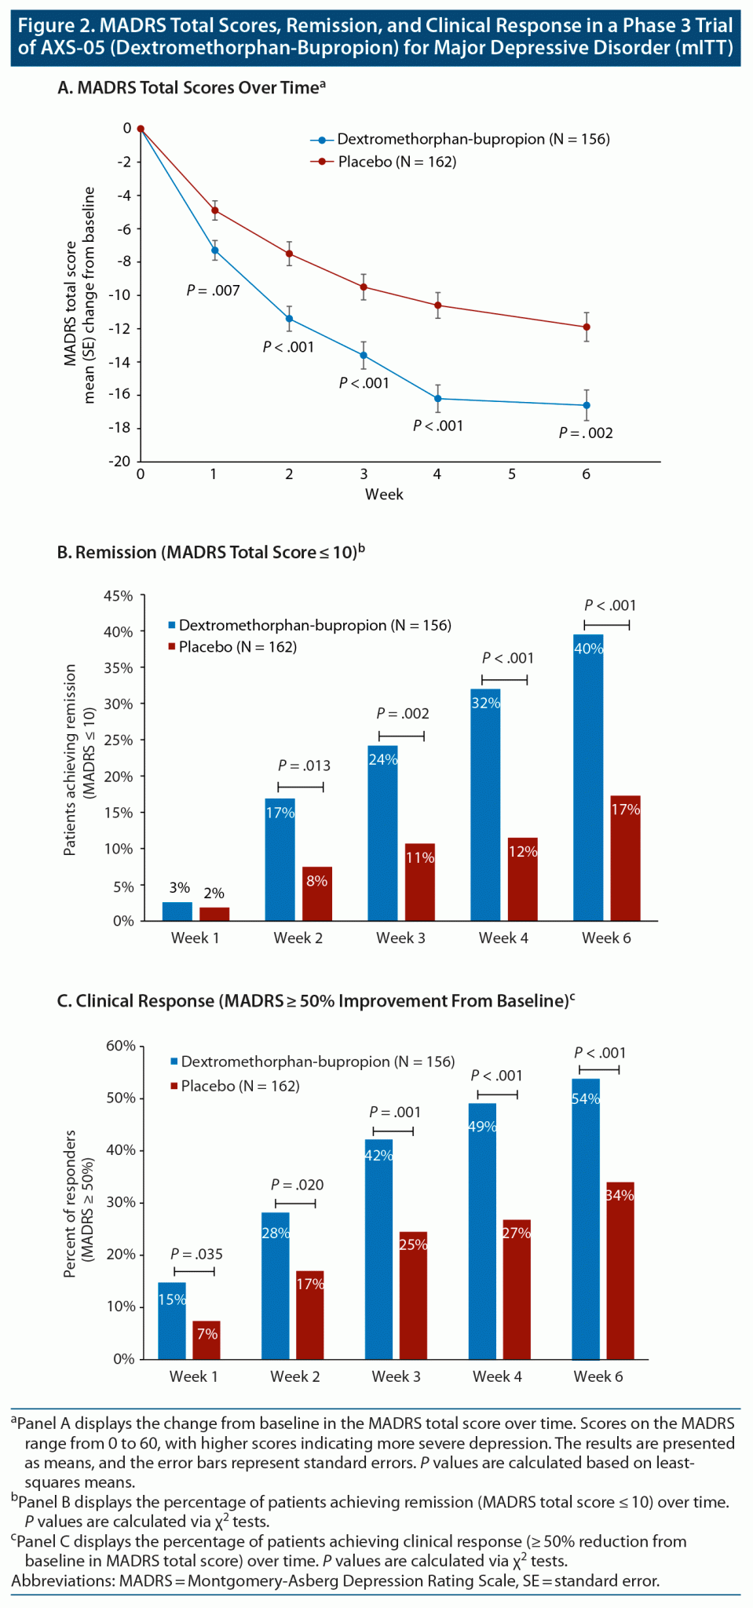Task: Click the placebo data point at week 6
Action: click(x=587, y=327)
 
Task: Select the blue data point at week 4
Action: click(x=437, y=398)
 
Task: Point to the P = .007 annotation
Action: click(x=213, y=291)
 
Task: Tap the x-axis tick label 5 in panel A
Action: click(x=511, y=474)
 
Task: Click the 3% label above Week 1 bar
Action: click(x=180, y=887)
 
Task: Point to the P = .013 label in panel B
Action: click(x=304, y=766)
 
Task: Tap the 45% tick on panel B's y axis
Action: click(x=119, y=595)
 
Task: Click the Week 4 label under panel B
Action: click(x=503, y=937)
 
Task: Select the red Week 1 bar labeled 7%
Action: click(x=207, y=1339)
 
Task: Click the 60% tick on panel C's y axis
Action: click(x=121, y=1046)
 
